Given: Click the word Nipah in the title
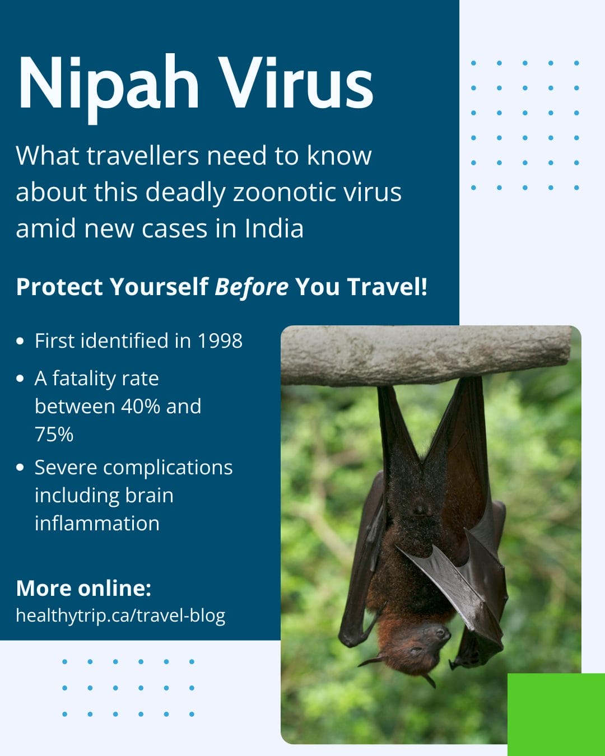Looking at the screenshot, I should tap(108, 84).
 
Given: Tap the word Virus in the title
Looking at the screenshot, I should tap(295, 84).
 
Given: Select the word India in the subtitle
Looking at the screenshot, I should tap(274, 228).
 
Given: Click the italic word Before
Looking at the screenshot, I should tap(252, 287).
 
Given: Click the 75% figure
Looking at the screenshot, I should tap(54, 435).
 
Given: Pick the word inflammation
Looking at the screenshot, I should tap(97, 524).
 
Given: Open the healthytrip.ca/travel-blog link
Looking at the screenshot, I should tap(120, 615).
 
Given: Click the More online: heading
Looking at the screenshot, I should tap(83, 589).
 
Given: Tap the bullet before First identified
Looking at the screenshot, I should tap(21, 341).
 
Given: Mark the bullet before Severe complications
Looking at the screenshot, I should tap(21, 468).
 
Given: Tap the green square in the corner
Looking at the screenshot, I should tap(556, 714).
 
